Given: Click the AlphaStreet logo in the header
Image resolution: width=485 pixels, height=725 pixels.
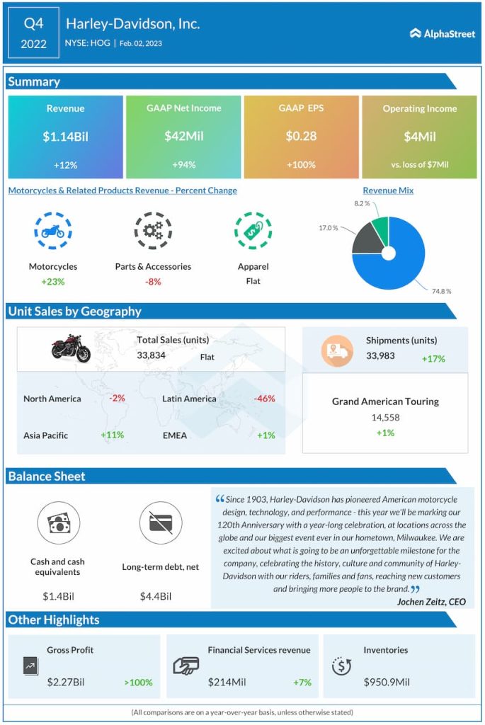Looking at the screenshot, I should [443, 33].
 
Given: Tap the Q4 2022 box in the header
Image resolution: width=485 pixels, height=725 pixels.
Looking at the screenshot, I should [34, 33].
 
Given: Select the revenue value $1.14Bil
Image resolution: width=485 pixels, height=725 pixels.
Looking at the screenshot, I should [65, 136].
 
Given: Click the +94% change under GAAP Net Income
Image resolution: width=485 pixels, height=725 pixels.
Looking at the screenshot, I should [183, 164].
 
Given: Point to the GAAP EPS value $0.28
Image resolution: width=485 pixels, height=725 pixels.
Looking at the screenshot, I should [301, 136].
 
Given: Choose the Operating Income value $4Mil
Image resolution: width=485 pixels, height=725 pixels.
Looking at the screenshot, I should [419, 136].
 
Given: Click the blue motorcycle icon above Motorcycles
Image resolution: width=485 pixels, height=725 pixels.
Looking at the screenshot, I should [53, 231].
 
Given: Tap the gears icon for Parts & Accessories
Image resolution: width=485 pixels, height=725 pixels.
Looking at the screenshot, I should [153, 231].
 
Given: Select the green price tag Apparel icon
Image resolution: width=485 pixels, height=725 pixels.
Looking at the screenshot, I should [253, 231].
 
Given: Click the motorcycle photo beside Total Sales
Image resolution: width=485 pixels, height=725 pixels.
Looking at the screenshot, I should [71, 348].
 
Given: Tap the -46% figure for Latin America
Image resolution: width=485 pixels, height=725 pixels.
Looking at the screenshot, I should [264, 399].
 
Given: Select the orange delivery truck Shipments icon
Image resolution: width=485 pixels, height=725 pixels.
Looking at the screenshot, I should [337, 350].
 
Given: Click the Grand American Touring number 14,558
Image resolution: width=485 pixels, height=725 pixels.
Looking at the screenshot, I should [385, 418].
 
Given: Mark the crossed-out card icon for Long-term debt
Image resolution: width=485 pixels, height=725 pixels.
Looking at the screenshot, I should [156, 525].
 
